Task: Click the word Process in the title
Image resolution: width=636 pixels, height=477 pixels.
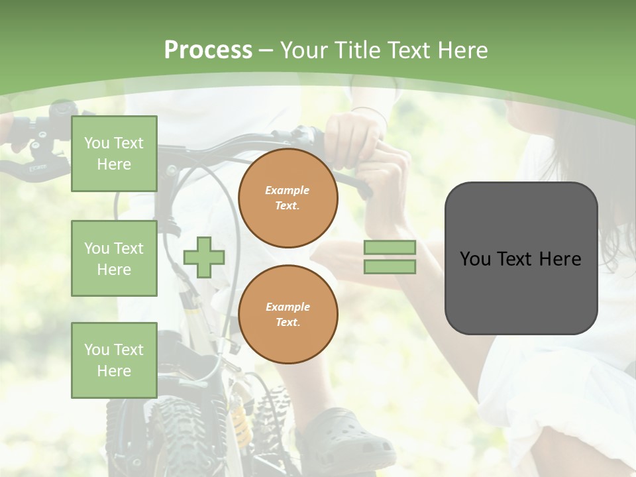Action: [x=208, y=50]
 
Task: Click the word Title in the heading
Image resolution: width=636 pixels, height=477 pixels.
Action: [x=355, y=50]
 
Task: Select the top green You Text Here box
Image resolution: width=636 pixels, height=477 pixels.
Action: [x=114, y=154]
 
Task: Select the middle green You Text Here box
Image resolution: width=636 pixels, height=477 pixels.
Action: [x=114, y=258]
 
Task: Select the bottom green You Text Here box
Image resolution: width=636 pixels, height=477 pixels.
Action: [x=114, y=360]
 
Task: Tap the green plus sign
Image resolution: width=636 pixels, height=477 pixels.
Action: [x=204, y=257]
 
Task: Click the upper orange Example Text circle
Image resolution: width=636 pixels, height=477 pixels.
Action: [x=288, y=198]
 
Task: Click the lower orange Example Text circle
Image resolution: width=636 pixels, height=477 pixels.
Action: [x=288, y=315]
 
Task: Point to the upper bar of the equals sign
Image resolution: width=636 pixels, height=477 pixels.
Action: [x=390, y=247]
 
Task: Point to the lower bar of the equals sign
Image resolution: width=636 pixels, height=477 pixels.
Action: [x=390, y=267]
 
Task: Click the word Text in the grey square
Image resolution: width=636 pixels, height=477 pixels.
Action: [x=520, y=259]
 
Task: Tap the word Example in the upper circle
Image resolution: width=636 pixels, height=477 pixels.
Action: [x=288, y=190]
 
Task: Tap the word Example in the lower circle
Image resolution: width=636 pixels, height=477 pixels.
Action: [x=288, y=307]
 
